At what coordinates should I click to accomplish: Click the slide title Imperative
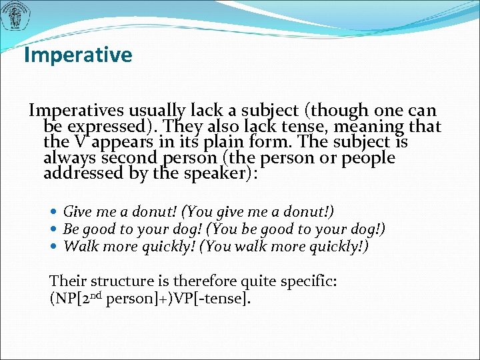pos(78,55)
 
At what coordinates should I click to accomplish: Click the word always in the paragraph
pos(66,159)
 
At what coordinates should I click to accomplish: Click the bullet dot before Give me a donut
pos(55,213)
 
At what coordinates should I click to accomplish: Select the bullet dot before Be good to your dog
pos(55,229)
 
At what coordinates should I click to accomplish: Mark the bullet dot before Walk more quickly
pos(55,247)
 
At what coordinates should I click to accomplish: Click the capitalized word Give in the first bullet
pos(77,212)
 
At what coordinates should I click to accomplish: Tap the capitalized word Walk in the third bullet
pos(77,246)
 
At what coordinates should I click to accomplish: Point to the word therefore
pos(203,281)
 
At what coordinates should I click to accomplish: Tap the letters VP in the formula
pos(181,299)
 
